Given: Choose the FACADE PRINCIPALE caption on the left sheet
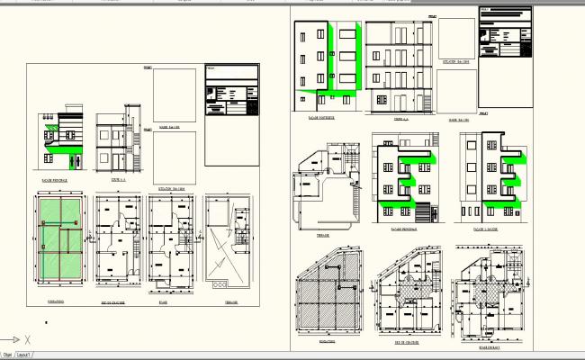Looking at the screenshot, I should [55, 180].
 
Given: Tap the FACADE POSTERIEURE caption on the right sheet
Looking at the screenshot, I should [321, 117].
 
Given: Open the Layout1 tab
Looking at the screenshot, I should [24, 355].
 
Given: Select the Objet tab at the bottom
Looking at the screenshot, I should [7, 355].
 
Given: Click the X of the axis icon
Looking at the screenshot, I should [28, 339].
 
